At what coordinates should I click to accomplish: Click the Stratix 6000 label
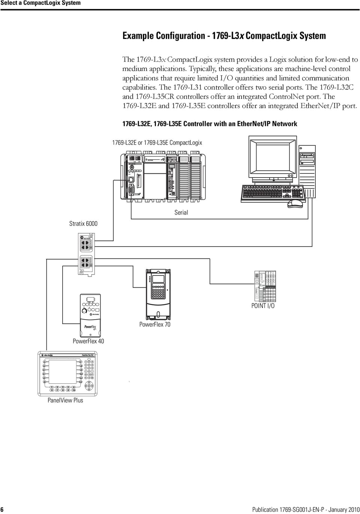point(83,224)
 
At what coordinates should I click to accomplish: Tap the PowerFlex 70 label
point(155,324)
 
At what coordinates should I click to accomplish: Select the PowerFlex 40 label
point(88,341)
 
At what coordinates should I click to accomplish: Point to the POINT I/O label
point(262,306)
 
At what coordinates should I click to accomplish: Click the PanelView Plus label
point(65,400)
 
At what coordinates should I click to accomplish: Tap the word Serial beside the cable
point(181,212)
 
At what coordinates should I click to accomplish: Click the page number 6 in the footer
point(2,510)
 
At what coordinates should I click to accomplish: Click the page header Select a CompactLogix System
point(40,3)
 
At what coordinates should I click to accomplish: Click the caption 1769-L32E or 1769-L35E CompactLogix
point(157,143)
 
